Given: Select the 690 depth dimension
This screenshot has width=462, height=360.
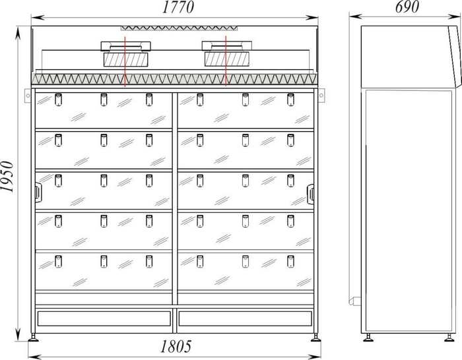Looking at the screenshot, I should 407,7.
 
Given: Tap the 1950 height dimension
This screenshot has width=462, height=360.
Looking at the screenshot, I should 9,176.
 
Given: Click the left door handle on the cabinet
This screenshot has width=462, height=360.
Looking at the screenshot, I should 37,192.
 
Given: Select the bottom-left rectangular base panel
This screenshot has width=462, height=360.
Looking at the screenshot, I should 104,318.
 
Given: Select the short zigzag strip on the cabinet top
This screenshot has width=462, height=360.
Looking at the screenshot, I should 178,28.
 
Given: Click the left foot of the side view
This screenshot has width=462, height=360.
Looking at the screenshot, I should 368,338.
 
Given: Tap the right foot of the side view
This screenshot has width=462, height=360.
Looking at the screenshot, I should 449,338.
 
